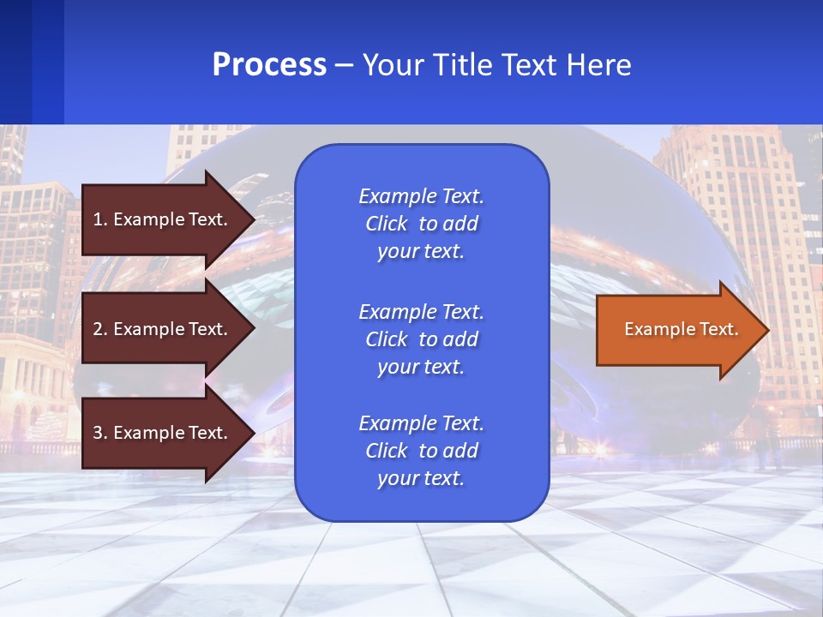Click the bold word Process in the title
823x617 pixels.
click(269, 65)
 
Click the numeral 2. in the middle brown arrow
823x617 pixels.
click(100, 329)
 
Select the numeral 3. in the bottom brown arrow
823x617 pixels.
click(100, 433)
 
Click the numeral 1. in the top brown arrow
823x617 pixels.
click(99, 219)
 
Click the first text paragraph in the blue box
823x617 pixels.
click(421, 224)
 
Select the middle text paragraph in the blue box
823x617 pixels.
click(421, 339)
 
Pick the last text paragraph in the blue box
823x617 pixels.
click(421, 451)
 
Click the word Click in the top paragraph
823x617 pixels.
click(387, 224)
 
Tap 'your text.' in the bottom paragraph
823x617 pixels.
click(421, 478)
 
